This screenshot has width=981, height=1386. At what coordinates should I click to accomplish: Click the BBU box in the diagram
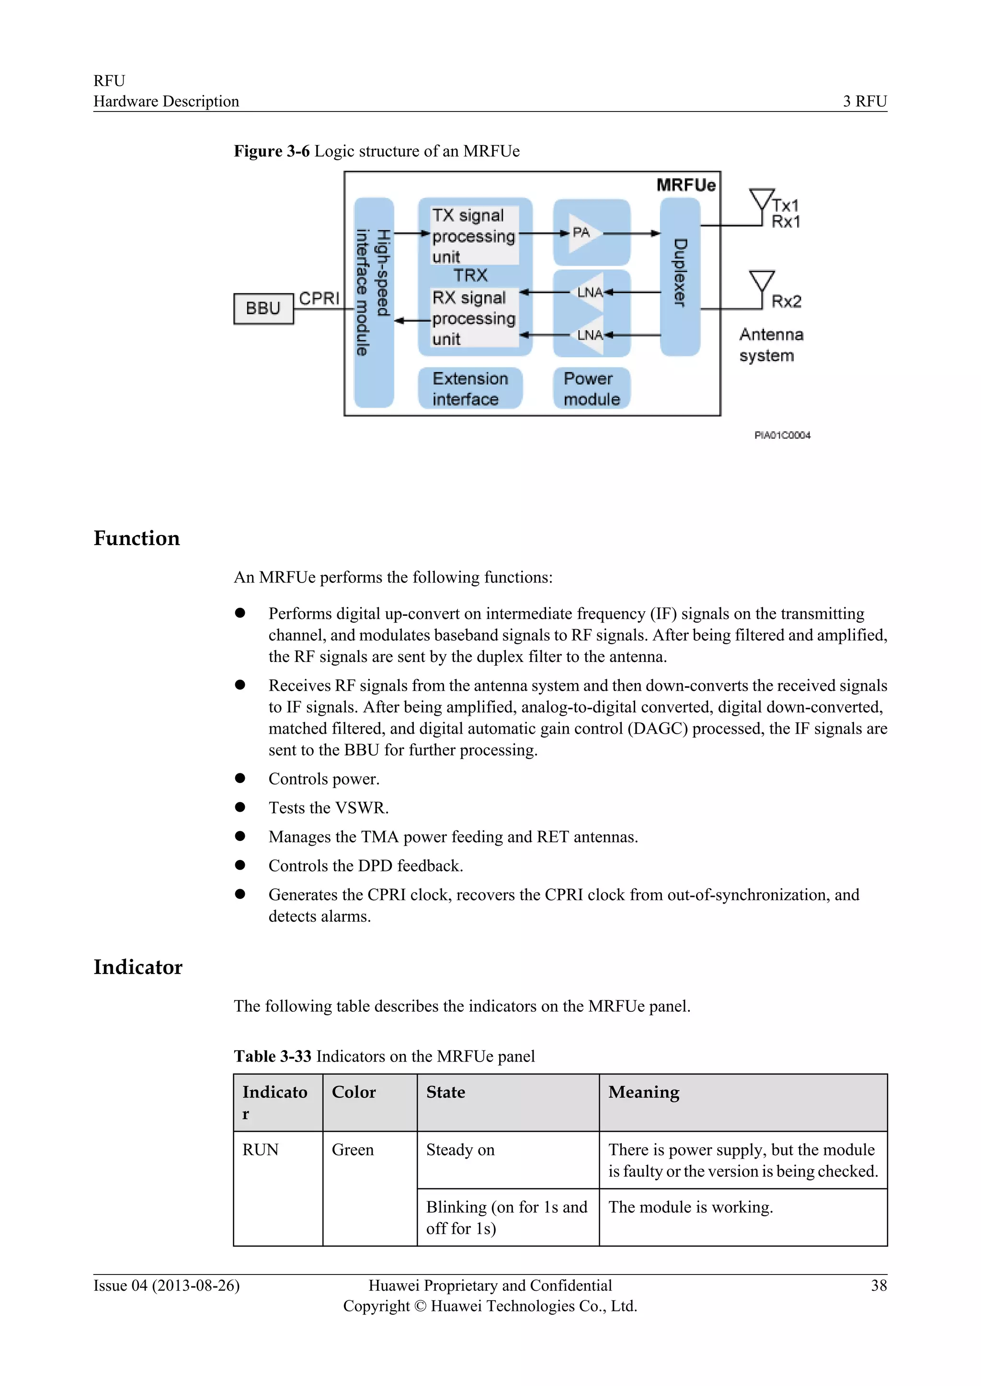(x=263, y=309)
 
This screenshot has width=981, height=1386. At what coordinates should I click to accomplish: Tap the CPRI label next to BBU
(x=319, y=298)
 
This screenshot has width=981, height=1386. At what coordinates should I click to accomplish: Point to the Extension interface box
(x=469, y=389)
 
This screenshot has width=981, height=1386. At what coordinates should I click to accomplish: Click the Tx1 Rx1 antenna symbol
(x=761, y=202)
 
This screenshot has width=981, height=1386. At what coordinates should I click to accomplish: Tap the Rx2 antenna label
(x=786, y=301)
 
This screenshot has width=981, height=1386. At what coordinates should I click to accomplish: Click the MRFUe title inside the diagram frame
(x=685, y=185)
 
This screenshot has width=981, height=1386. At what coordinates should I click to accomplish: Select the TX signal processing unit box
(x=474, y=235)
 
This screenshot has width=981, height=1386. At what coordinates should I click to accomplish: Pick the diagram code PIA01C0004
(x=782, y=435)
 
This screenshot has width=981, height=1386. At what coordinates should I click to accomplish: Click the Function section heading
(x=137, y=538)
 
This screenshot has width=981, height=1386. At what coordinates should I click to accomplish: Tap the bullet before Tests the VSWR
(x=240, y=807)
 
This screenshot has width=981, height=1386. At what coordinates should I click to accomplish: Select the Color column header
(x=354, y=1092)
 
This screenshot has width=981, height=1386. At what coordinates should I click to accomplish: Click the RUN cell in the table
(x=261, y=1150)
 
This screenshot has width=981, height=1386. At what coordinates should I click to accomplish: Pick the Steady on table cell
(x=460, y=1150)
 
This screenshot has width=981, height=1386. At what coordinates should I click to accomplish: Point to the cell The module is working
(x=690, y=1207)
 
